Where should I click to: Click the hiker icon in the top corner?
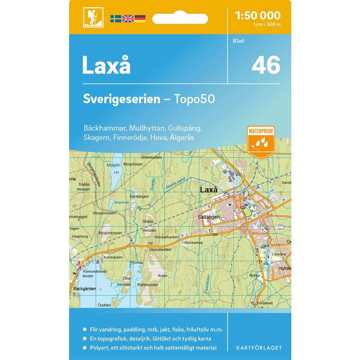coord(93,17)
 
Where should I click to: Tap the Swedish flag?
coord(116,19)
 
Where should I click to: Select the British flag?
coord(128,19)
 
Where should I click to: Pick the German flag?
coord(140,19)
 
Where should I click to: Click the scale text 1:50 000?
coord(257,15)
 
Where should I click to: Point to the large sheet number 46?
coord(266,65)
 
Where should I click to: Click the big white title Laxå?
coord(106,65)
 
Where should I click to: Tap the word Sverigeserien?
coord(121,99)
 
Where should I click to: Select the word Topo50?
coord(194,99)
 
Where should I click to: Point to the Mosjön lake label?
coord(114,165)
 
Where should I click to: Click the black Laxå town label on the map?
coord(208,189)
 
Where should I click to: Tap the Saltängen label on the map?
coord(208,217)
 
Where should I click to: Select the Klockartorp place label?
coord(194,243)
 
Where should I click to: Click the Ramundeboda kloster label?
coord(83,273)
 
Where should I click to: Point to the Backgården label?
coord(85,288)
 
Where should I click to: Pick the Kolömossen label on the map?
coord(148,285)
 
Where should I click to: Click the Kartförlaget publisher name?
coord(259,348)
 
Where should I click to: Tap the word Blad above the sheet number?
coord(238,41)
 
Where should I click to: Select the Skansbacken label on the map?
coord(160,249)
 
